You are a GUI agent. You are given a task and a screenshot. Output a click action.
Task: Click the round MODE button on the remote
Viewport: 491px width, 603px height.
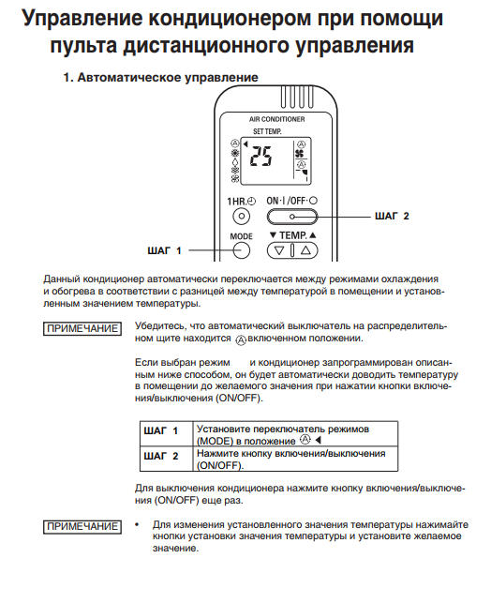241,250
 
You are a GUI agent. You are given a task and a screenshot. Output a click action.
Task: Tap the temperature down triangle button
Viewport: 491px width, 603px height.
279,250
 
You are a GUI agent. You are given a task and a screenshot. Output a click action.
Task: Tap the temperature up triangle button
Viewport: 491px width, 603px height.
305,250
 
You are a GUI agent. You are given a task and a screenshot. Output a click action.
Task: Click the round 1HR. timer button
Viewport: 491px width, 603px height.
241,216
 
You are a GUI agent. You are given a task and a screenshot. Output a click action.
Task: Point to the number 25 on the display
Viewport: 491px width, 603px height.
260,156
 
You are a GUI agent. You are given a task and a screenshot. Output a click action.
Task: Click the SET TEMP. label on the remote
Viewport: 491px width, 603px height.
267,131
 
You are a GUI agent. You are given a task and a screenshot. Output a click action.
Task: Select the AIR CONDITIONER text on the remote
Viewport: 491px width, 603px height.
276,120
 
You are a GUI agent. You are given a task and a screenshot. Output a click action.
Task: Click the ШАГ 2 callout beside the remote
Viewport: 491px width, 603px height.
392,216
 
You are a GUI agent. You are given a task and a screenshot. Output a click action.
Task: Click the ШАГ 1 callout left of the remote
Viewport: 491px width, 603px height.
164,250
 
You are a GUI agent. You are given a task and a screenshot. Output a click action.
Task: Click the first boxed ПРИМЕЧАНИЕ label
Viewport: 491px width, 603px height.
82,329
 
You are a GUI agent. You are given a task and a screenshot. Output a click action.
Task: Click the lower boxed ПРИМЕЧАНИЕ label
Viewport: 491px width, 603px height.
82,526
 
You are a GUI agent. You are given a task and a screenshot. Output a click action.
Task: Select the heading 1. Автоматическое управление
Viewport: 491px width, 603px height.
160,77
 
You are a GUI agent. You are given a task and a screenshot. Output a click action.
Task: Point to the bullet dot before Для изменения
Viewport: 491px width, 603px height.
137,524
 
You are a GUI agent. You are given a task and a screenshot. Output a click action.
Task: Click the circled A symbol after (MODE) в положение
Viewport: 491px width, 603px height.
305,439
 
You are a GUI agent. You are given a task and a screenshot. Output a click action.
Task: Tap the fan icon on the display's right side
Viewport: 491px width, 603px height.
301,154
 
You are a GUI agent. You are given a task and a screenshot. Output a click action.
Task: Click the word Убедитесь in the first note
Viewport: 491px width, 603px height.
159,326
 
